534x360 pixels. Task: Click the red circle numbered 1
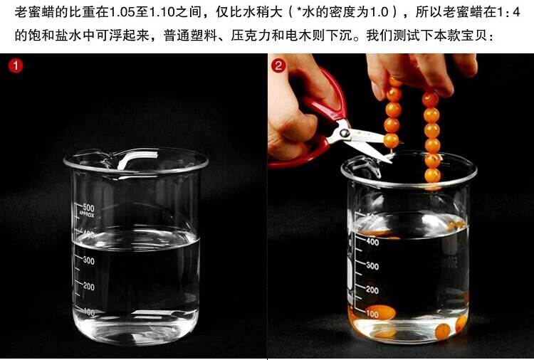16,66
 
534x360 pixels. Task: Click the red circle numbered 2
278,65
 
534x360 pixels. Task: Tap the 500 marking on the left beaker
88,207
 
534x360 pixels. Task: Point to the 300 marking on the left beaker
88,260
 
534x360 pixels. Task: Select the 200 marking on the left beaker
88,287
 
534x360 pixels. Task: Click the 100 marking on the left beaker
88,312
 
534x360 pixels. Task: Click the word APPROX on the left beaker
86,214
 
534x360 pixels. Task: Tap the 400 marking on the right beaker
372,242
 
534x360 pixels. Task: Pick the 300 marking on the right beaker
372,266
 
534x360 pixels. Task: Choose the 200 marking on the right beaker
372,290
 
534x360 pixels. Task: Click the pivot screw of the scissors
345,133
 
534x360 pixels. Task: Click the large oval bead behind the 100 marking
381,312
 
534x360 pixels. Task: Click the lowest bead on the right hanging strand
432,176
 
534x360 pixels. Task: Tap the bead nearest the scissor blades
392,140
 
